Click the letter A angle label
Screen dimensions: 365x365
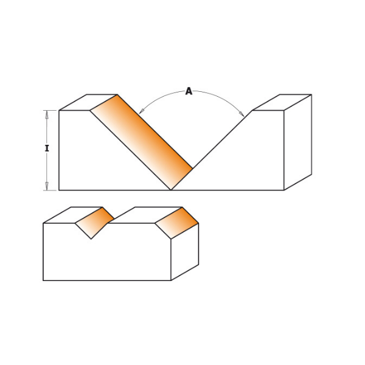pyautogui.click(x=189, y=91)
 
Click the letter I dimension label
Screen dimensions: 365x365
pyautogui.click(x=47, y=148)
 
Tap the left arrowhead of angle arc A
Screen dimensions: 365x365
pyautogui.click(x=141, y=111)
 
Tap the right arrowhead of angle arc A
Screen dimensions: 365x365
pyautogui.click(x=242, y=114)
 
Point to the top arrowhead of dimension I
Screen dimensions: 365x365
pyautogui.click(x=47, y=114)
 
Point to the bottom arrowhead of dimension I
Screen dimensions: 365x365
pyautogui.click(x=47, y=186)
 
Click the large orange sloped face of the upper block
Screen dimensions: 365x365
pyautogui.click(x=141, y=142)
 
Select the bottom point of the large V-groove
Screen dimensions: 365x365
pyautogui.click(x=171, y=190)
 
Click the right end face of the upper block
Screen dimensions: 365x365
pyautogui.click(x=297, y=142)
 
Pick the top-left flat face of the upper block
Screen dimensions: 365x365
pyautogui.click(x=88, y=102)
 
